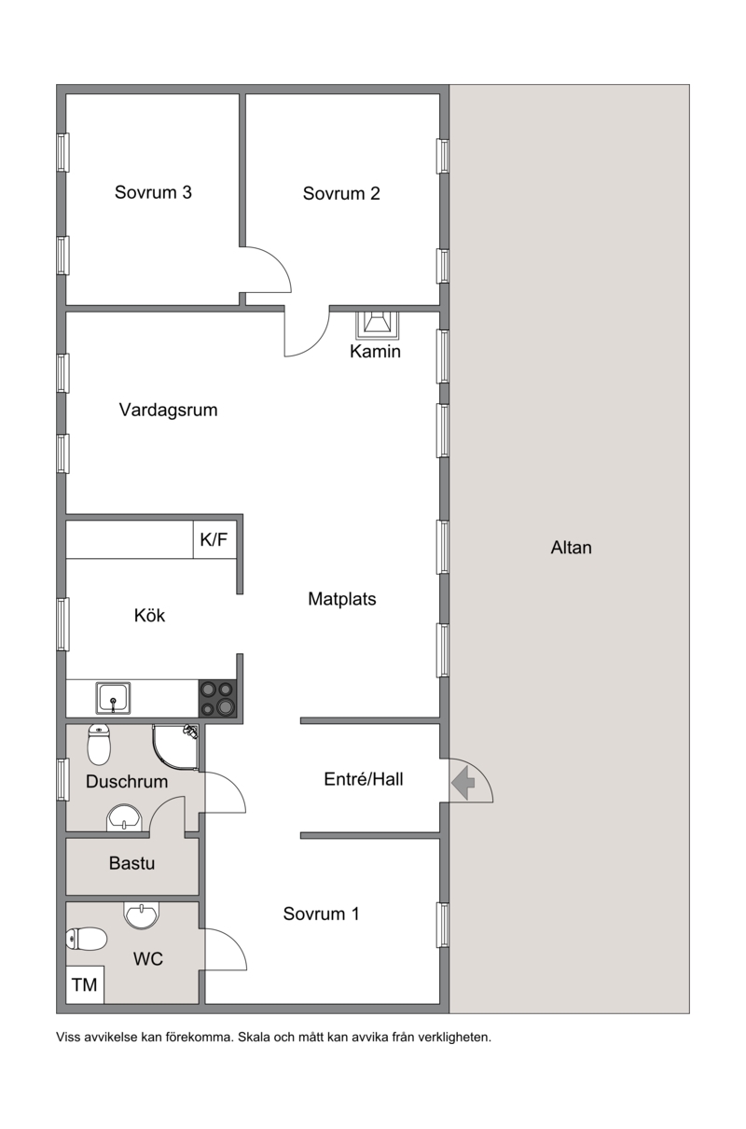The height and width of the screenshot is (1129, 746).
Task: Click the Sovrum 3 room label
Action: (x=153, y=192)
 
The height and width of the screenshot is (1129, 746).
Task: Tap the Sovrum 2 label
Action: (x=341, y=193)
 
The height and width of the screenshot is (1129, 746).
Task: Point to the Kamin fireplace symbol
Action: (x=377, y=326)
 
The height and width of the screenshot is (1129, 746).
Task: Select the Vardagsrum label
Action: (x=168, y=410)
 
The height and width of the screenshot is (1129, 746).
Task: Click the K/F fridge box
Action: (x=214, y=540)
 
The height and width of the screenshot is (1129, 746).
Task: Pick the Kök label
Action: (x=149, y=615)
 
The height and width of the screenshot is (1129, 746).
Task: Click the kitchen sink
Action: (x=114, y=698)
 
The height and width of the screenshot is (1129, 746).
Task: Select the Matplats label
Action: (x=342, y=599)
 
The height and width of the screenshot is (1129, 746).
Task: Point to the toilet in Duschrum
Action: (x=99, y=744)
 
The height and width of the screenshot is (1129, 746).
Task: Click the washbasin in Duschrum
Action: (x=124, y=817)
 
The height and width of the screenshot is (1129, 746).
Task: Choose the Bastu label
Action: (x=131, y=863)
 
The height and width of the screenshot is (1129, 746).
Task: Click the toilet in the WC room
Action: (x=86, y=939)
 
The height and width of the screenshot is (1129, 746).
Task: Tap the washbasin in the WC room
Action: (x=142, y=914)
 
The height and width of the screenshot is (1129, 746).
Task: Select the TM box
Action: (x=85, y=984)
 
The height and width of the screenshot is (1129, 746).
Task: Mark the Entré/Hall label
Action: (x=363, y=779)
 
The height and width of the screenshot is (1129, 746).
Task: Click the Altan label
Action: (x=571, y=548)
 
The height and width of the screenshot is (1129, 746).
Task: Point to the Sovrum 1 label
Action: (x=321, y=913)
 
